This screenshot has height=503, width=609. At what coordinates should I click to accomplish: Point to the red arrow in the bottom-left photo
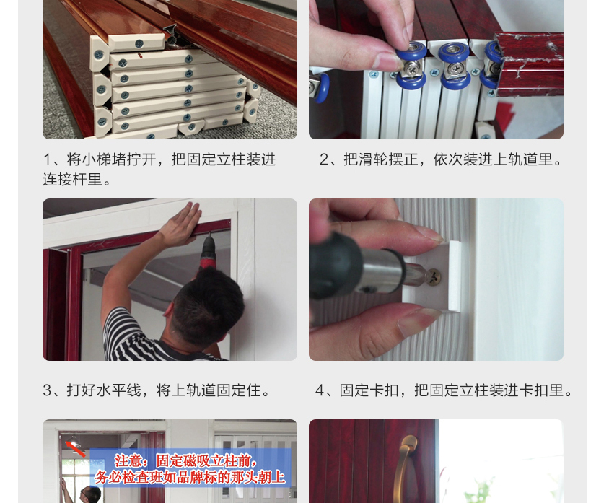pyautogui.click(x=74, y=447)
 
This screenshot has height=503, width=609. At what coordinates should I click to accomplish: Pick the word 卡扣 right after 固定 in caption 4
pyautogui.click(x=388, y=390)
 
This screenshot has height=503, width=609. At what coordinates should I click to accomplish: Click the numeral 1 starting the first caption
pyautogui.click(x=47, y=159)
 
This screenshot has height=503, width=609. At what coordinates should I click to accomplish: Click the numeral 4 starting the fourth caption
pyautogui.click(x=320, y=390)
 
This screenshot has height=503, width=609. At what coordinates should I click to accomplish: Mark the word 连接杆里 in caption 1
pyautogui.click(x=72, y=180)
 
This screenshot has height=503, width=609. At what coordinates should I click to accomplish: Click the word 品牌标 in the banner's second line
pyautogui.click(x=205, y=478)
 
